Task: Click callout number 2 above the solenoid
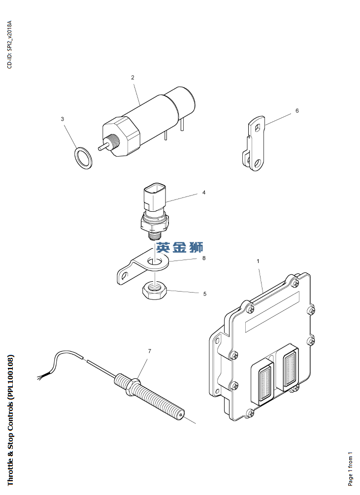point(132,77)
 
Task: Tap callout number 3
point(63,119)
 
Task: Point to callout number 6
point(297,111)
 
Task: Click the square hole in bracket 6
point(258,127)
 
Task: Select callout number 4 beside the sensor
point(204,192)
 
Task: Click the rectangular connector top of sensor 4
point(154,197)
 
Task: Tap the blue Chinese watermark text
point(180,247)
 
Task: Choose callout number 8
point(204,258)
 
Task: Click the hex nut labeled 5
point(154,291)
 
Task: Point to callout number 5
point(205,294)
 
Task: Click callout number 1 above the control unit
point(258,261)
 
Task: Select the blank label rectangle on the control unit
point(272,312)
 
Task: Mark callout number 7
point(150,351)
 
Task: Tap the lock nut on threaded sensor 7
point(132,385)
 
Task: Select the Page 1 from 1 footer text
point(351,469)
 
